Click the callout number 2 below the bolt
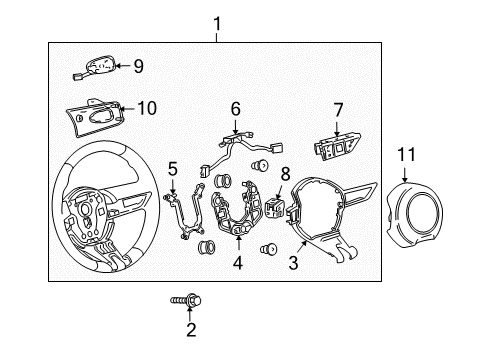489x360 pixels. coord(190,329)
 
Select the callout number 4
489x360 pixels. coord(238,264)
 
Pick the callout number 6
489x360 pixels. coord(236,108)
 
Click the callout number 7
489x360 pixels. coord(337,108)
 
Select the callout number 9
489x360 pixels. coord(138,66)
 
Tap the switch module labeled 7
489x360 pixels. coord(335,145)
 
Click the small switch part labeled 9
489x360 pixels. coord(97,67)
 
